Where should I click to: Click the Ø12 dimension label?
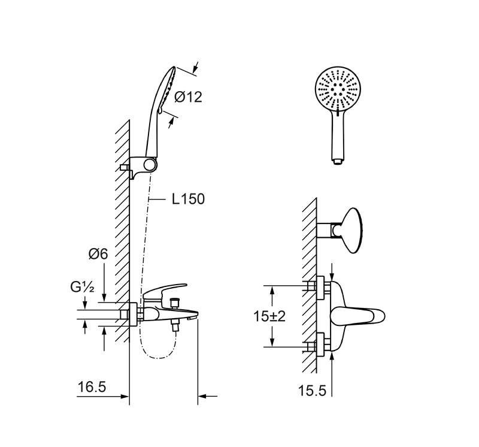(x=188, y=97)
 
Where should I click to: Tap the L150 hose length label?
(x=188, y=199)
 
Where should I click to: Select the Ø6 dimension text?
(x=98, y=254)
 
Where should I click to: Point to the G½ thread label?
(x=82, y=287)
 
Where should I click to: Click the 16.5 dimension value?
(x=92, y=386)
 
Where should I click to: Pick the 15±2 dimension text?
(x=269, y=316)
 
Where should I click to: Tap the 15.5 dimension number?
(x=312, y=391)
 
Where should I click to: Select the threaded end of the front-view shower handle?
(x=338, y=162)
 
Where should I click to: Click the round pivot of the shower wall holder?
(x=150, y=165)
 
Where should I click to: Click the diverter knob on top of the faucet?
(x=175, y=303)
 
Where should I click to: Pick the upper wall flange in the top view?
(x=320, y=288)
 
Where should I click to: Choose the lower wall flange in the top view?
(x=320, y=345)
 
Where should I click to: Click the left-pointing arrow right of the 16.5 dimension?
(x=208, y=396)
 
